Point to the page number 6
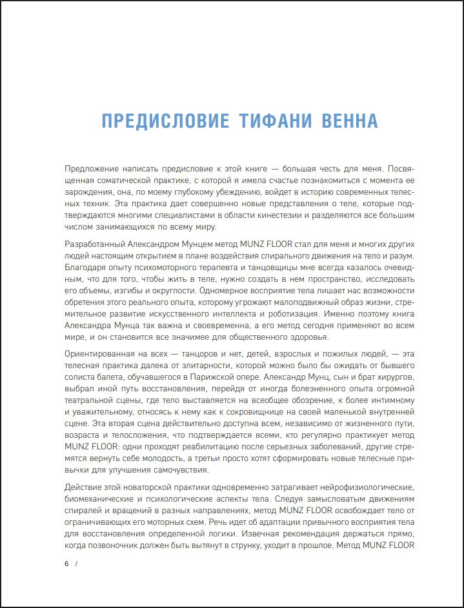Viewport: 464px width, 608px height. [66, 564]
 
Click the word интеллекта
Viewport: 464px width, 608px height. [207, 314]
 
